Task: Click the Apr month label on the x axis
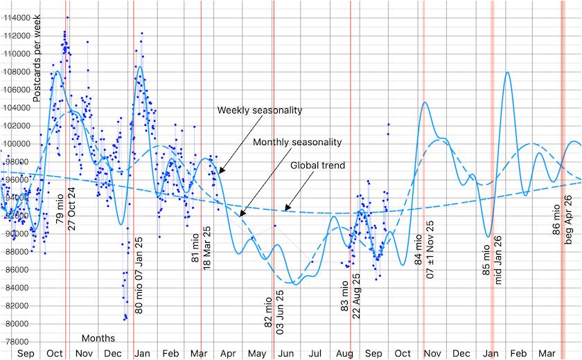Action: [x=228, y=354]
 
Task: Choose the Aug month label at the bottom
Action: [x=344, y=354]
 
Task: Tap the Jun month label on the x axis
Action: [x=285, y=354]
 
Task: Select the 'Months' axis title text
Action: [x=98, y=339]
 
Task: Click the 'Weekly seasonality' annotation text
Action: [x=260, y=110]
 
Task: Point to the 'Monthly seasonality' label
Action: [x=298, y=142]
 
